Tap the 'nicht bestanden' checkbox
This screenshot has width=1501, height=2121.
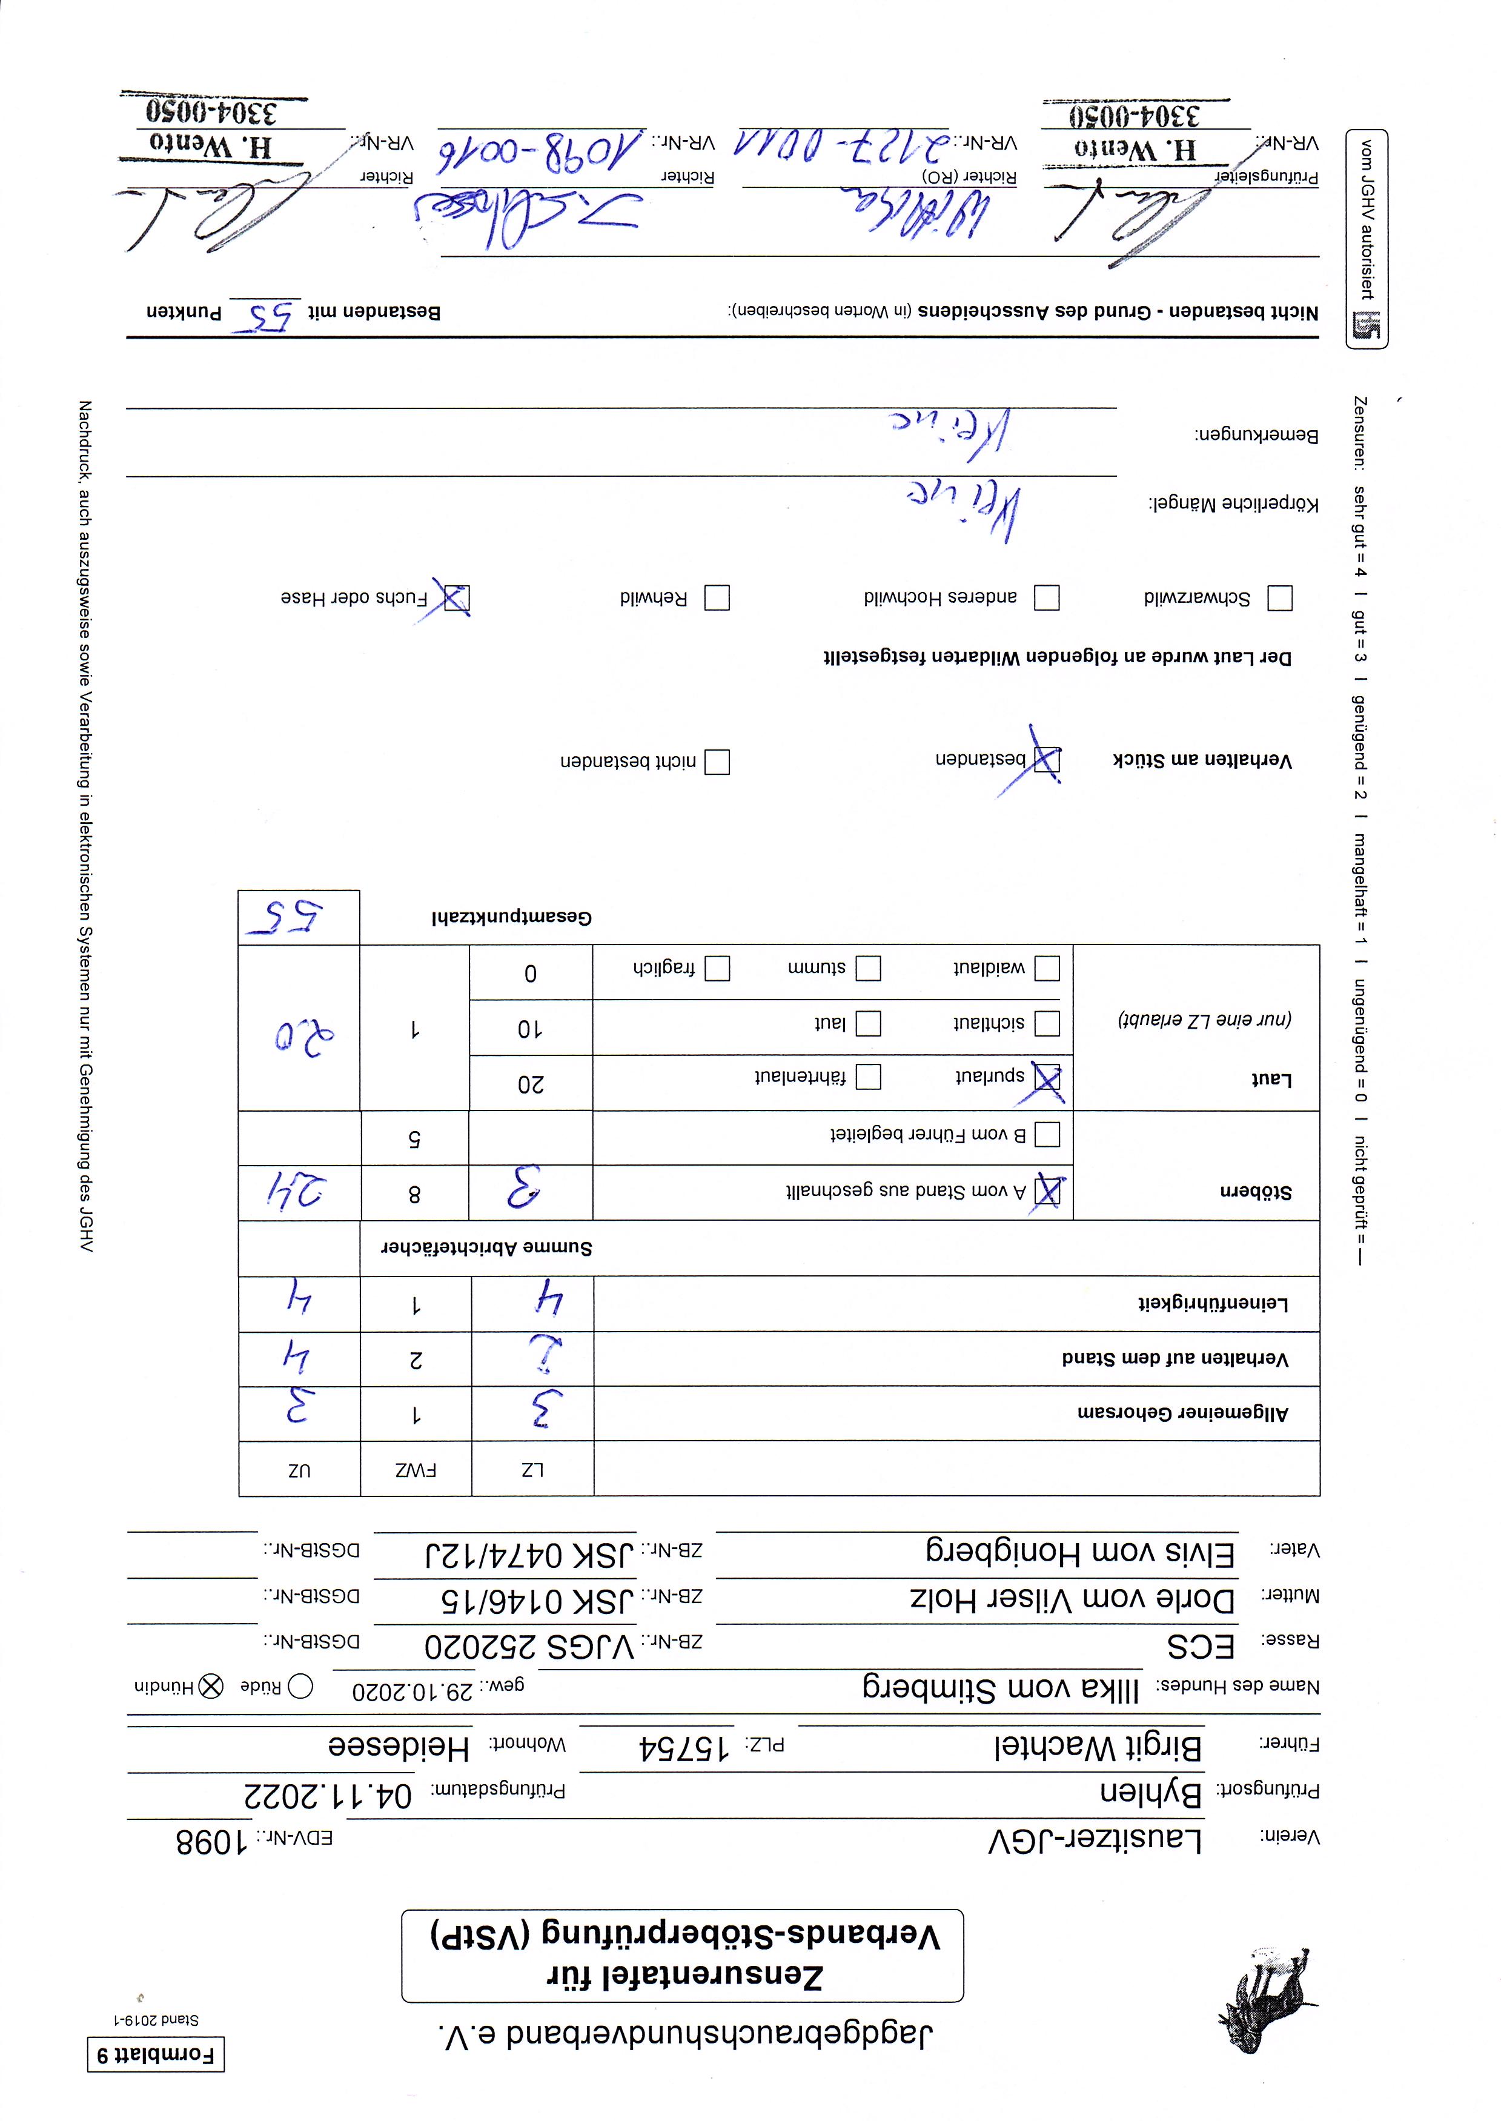point(717,762)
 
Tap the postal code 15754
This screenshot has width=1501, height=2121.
point(684,1747)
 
